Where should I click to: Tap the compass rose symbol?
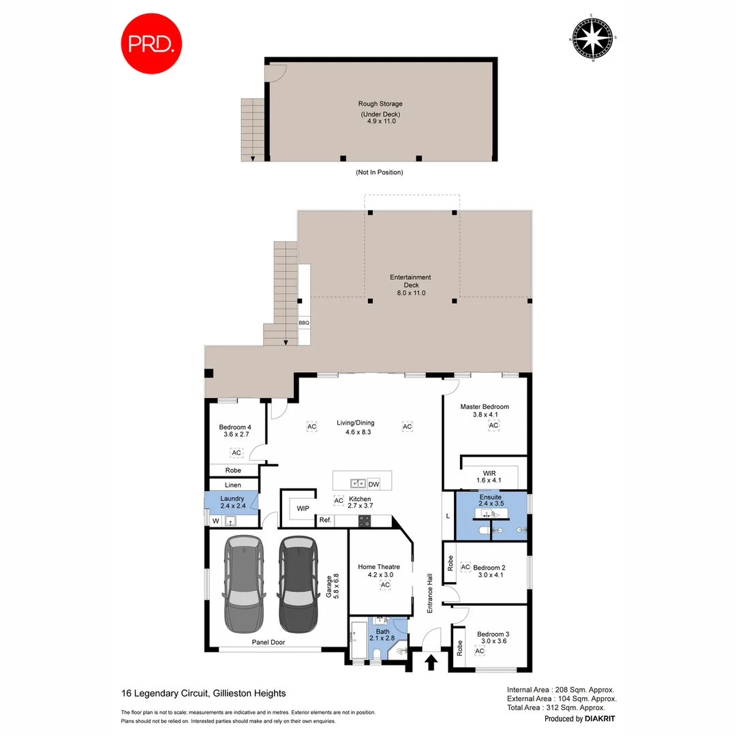592,38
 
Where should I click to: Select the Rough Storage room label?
380,104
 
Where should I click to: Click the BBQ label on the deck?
304,322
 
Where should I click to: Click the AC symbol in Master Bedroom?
493,426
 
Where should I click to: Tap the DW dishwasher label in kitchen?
373,484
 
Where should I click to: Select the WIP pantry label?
302,508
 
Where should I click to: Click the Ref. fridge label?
324,521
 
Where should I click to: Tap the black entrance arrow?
431,662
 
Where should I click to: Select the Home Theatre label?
379,566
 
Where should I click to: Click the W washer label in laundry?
215,521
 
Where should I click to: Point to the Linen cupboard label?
233,485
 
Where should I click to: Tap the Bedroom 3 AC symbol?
479,651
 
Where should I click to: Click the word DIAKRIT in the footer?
600,718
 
